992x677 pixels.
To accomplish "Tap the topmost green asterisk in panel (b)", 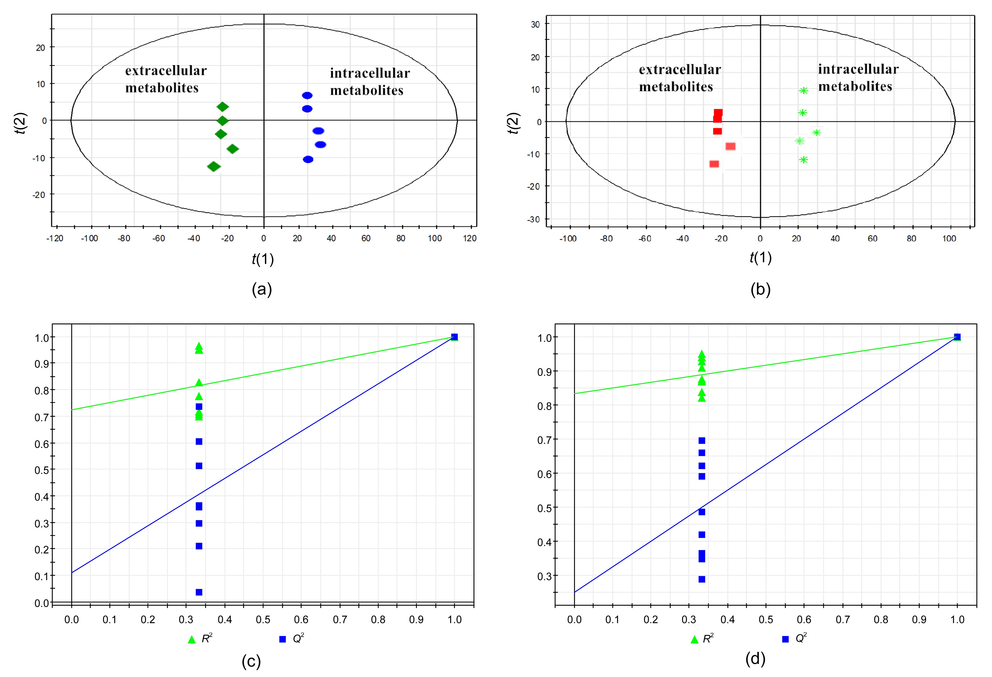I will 803,90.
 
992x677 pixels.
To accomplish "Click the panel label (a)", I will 262,289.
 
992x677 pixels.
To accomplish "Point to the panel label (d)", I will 755,659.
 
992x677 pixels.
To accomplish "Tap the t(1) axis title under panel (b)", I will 760,257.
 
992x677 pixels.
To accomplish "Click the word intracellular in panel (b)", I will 858,69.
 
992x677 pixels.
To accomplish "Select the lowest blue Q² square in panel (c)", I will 199,592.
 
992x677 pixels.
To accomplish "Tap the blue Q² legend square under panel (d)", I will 785,639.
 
